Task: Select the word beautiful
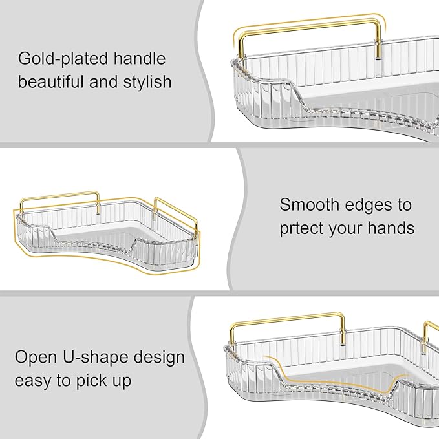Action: pos(54,82)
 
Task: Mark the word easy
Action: pos(32,381)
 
